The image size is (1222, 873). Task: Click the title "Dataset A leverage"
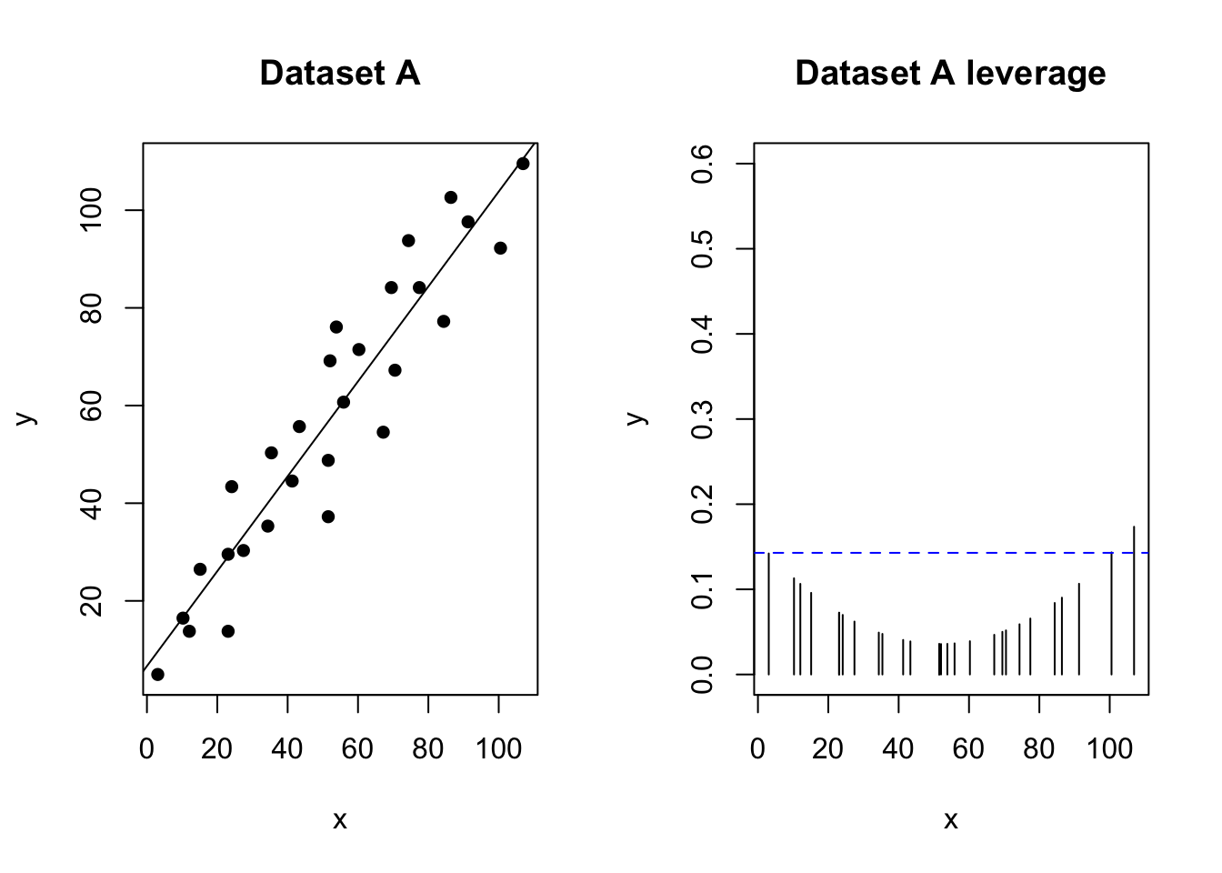[950, 73]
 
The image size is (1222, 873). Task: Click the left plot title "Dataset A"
[339, 73]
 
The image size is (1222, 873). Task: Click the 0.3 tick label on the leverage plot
[701, 419]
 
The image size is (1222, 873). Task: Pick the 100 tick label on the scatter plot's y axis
[91, 210]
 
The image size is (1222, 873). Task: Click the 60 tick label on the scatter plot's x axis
[357, 748]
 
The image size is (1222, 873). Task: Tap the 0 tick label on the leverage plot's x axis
[757, 748]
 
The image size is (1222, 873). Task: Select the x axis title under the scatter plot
[339, 820]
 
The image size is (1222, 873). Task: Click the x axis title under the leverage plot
[950, 820]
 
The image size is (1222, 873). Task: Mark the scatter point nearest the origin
[157, 674]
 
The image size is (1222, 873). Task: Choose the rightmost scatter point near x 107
[523, 164]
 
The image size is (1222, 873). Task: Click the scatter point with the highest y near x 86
[451, 197]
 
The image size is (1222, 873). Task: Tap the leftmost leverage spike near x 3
[769, 614]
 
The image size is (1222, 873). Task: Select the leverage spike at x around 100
[1111, 614]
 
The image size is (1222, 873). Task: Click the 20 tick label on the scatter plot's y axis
[91, 601]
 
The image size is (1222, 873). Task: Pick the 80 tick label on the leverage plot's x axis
[1039, 748]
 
